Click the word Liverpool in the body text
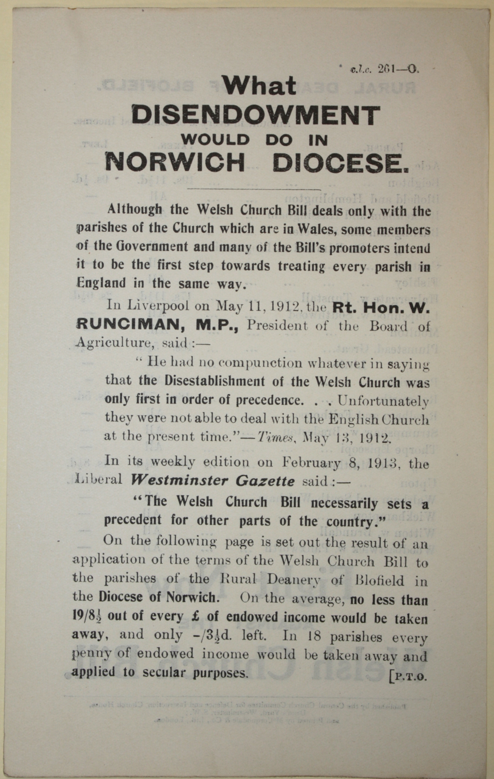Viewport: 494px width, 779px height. click(x=160, y=306)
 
